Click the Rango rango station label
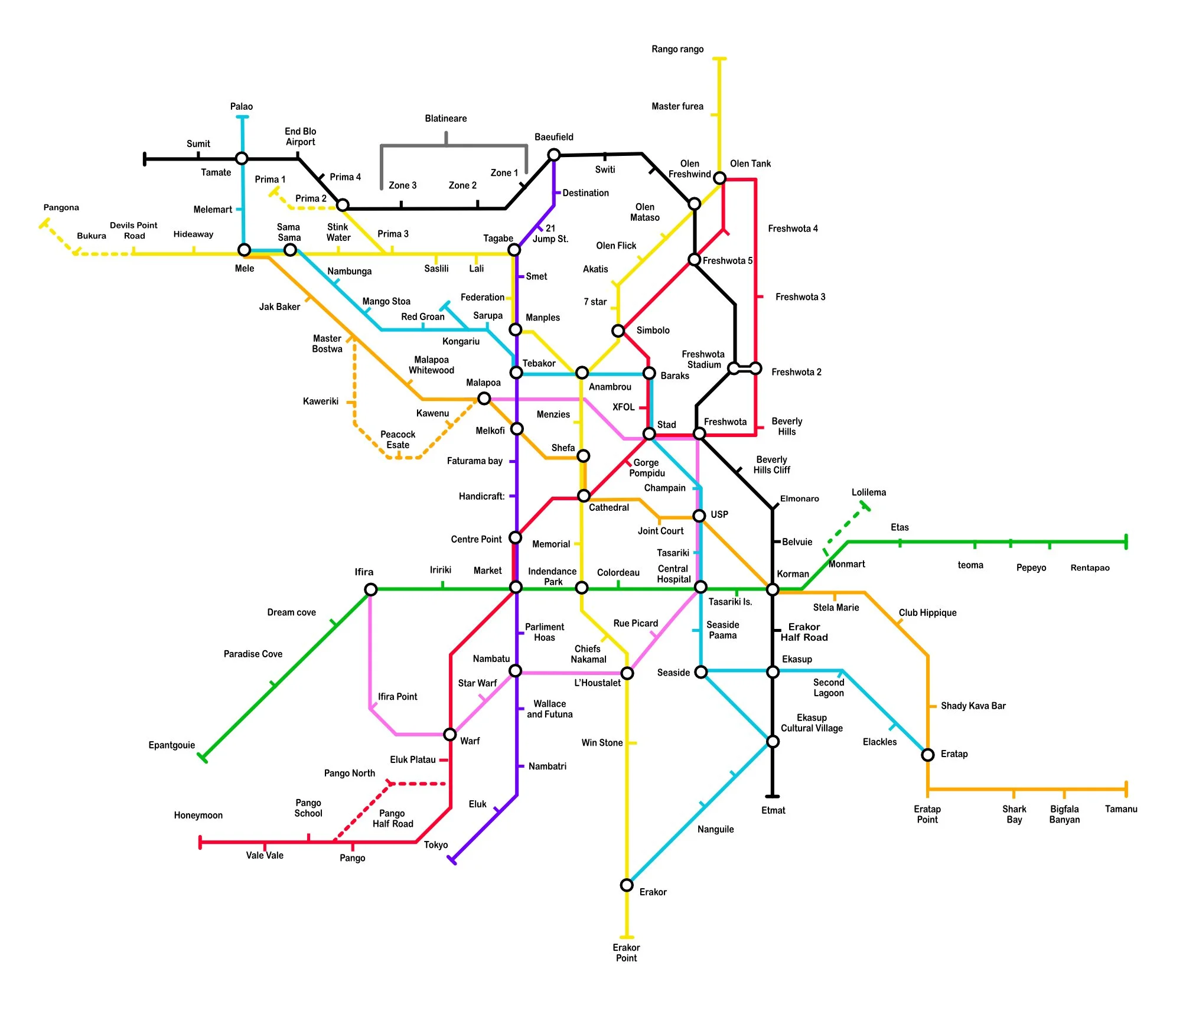[677, 49]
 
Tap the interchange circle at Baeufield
[553, 155]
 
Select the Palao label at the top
[241, 106]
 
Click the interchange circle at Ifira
[370, 589]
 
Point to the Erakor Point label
[626, 953]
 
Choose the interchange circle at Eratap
[927, 754]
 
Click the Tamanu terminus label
[1120, 809]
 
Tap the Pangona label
[61, 207]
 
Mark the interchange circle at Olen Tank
[719, 178]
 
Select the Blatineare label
[445, 118]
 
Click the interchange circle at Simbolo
[618, 331]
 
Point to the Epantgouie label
[171, 745]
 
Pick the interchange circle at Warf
[450, 734]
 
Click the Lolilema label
[868, 492]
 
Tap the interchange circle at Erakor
[627, 885]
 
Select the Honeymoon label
[198, 815]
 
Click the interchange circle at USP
[699, 516]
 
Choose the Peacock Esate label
[397, 439]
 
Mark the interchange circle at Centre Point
[515, 537]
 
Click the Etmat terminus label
[773, 810]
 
